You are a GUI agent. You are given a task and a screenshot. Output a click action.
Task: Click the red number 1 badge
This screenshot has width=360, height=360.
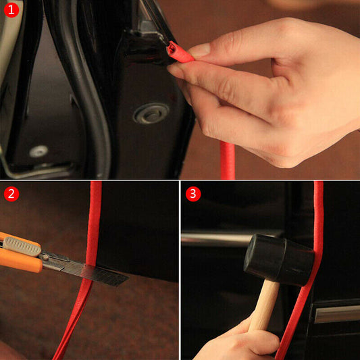pos(11,10)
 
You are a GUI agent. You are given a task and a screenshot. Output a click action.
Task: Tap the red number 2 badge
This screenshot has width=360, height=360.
pos(11,194)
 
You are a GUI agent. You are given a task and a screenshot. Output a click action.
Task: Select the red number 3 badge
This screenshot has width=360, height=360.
pos(194,194)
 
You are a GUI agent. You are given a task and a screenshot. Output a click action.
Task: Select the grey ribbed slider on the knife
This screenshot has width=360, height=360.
pos(24,246)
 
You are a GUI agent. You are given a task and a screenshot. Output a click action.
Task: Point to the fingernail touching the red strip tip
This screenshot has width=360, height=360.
pos(200,50)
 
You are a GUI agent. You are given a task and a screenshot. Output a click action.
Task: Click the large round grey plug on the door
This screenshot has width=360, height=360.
pos(151,113)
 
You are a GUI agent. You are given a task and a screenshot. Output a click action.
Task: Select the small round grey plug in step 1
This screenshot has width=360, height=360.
pos(38,151)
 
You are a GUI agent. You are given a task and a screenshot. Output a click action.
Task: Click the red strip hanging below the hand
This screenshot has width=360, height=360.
pos(227,162)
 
